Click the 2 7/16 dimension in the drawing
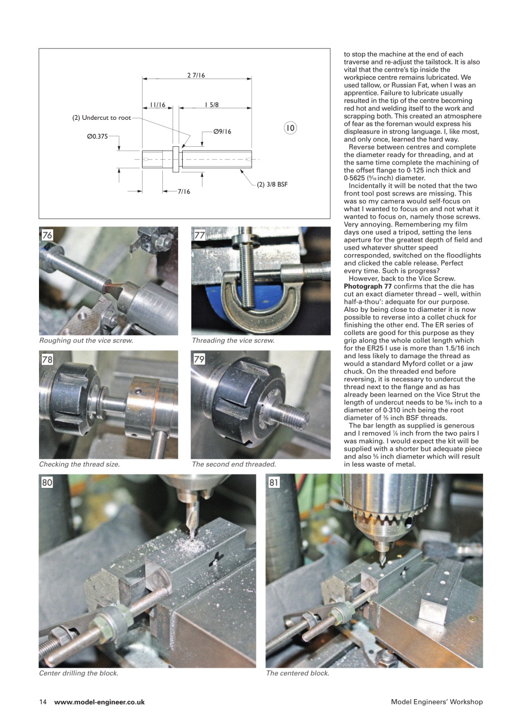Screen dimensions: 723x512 [196, 75]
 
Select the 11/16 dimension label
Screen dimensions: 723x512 [157, 104]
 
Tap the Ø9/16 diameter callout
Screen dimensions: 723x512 [222, 131]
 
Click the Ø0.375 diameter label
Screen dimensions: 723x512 [97, 136]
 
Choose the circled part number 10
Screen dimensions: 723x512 [290, 128]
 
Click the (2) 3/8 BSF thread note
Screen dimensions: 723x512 [272, 184]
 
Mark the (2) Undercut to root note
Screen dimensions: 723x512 [101, 117]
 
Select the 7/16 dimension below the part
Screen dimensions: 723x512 [183, 191]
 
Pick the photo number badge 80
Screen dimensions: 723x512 [48, 483]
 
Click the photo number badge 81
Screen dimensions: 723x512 [274, 483]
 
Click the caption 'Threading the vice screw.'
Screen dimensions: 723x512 [233, 341]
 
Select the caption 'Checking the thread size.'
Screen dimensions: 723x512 [79, 464]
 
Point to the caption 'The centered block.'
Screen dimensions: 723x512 [298, 673]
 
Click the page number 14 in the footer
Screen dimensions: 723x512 [42, 702]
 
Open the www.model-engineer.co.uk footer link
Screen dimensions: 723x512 [100, 702]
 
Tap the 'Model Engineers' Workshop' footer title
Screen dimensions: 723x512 [436, 702]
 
